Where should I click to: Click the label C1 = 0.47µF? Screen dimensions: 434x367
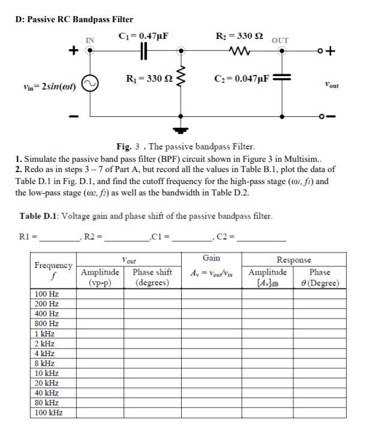(x=144, y=35)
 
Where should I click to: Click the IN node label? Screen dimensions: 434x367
(x=90, y=40)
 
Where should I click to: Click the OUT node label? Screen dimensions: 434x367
(x=280, y=40)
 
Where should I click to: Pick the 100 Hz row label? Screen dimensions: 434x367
(x=47, y=294)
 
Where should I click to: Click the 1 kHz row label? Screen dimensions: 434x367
(x=45, y=333)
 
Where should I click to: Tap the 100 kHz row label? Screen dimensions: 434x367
(x=49, y=412)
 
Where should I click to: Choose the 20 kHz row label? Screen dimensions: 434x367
(x=47, y=383)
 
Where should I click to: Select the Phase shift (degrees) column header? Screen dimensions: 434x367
(x=152, y=277)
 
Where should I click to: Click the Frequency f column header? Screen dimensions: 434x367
(x=53, y=269)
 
